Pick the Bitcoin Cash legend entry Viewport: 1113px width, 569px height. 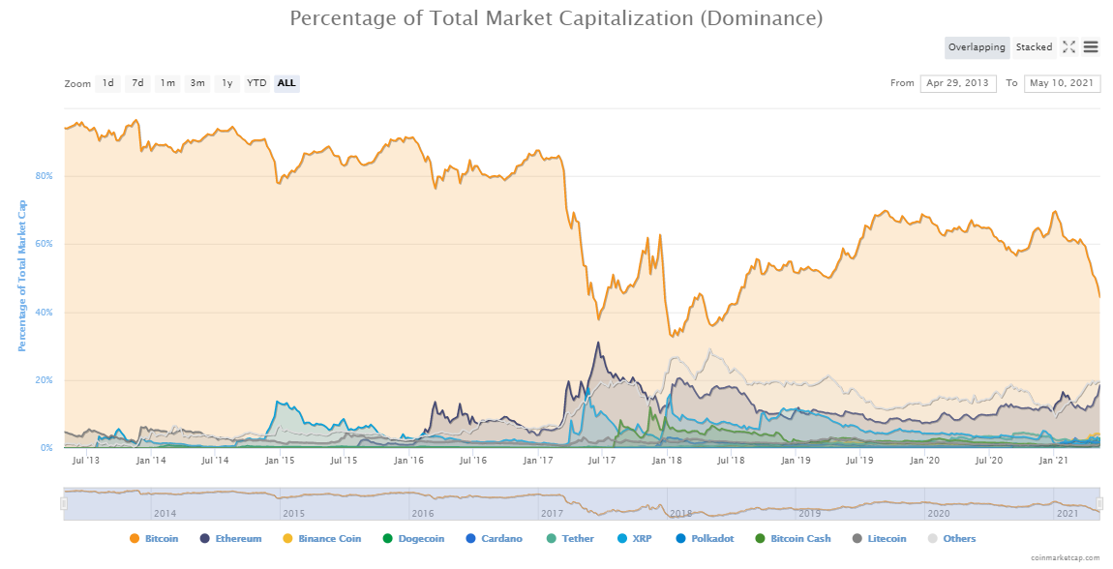[x=797, y=539]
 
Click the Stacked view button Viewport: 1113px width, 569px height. [x=1034, y=47]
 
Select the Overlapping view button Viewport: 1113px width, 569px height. [x=977, y=47]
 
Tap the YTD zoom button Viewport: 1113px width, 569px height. [x=256, y=83]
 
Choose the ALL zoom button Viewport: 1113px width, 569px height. [x=286, y=83]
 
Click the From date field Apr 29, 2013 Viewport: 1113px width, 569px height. [x=958, y=83]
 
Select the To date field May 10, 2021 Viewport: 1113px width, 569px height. [x=1062, y=83]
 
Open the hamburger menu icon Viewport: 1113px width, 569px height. [x=1091, y=47]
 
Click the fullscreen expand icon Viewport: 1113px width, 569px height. [x=1068, y=47]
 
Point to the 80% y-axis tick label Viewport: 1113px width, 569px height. [x=45, y=176]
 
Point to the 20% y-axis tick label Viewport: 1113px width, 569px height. [x=45, y=380]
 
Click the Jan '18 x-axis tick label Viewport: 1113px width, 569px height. [x=667, y=461]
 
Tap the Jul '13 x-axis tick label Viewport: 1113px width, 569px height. [x=86, y=461]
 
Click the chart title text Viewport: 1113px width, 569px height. [x=556, y=18]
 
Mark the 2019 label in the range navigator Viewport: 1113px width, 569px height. [x=809, y=513]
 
